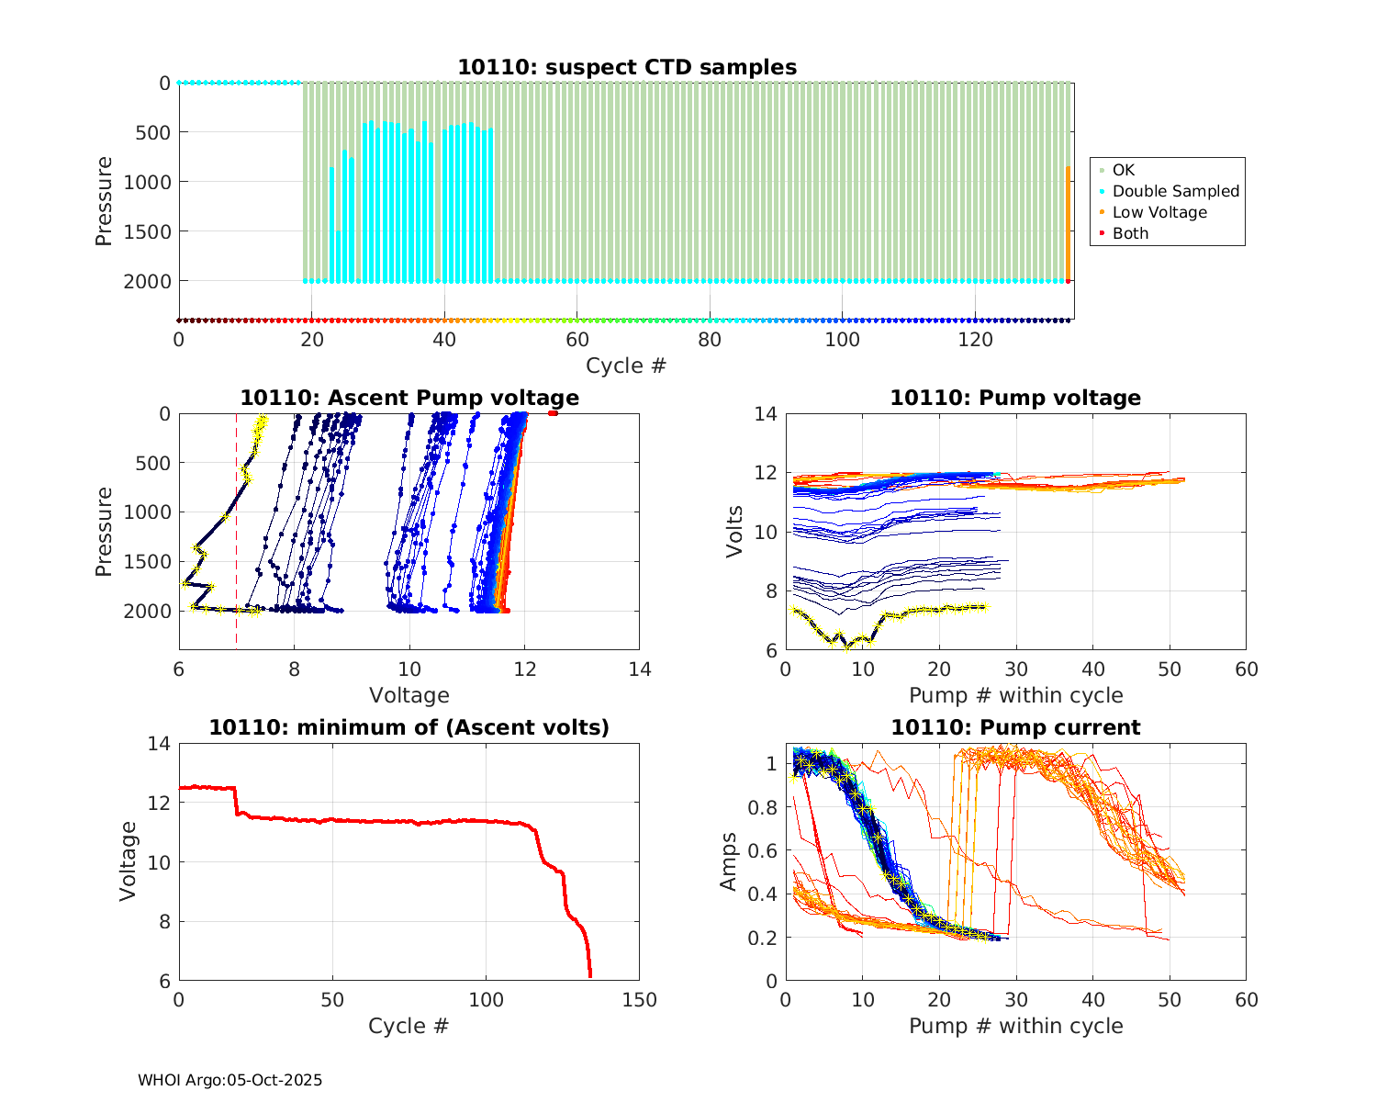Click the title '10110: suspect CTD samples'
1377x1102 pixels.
coord(627,67)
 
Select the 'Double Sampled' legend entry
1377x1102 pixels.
coord(1175,191)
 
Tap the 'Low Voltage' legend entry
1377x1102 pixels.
coord(1159,212)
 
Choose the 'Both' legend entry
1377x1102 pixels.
coord(1130,233)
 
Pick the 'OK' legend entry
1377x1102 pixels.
coord(1123,170)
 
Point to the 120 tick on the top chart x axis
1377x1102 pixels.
coord(975,340)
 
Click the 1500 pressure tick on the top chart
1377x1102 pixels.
coord(147,231)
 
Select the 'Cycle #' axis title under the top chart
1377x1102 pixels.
coord(626,365)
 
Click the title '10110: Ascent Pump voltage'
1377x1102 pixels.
coord(409,398)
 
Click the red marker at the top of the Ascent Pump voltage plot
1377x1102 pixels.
coord(553,413)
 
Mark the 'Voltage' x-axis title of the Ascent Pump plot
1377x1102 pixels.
coord(409,695)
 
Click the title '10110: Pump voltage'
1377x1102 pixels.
coord(1015,398)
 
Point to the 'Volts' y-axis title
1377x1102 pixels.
coord(733,532)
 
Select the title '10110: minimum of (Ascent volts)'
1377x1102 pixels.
coord(409,727)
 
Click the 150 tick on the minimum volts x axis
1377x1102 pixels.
coord(639,1000)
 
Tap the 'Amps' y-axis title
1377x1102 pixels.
coord(729,861)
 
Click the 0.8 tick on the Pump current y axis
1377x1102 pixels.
coord(765,807)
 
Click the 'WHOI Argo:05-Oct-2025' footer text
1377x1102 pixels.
coord(229,1080)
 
